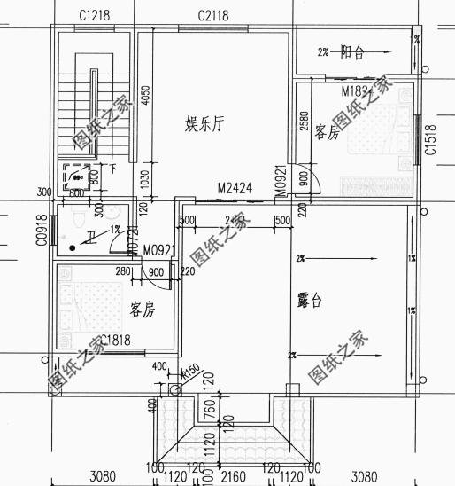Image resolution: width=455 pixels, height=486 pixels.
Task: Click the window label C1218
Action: click(93, 15)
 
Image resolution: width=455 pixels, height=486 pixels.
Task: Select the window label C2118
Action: click(213, 15)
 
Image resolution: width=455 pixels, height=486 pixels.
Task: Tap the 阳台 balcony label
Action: click(353, 52)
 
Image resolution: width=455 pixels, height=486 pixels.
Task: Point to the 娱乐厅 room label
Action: click(203, 124)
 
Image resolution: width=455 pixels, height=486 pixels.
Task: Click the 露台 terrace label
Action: click(309, 302)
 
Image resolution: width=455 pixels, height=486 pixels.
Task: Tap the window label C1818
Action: click(116, 341)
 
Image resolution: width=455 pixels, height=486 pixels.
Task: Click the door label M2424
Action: click(235, 189)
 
